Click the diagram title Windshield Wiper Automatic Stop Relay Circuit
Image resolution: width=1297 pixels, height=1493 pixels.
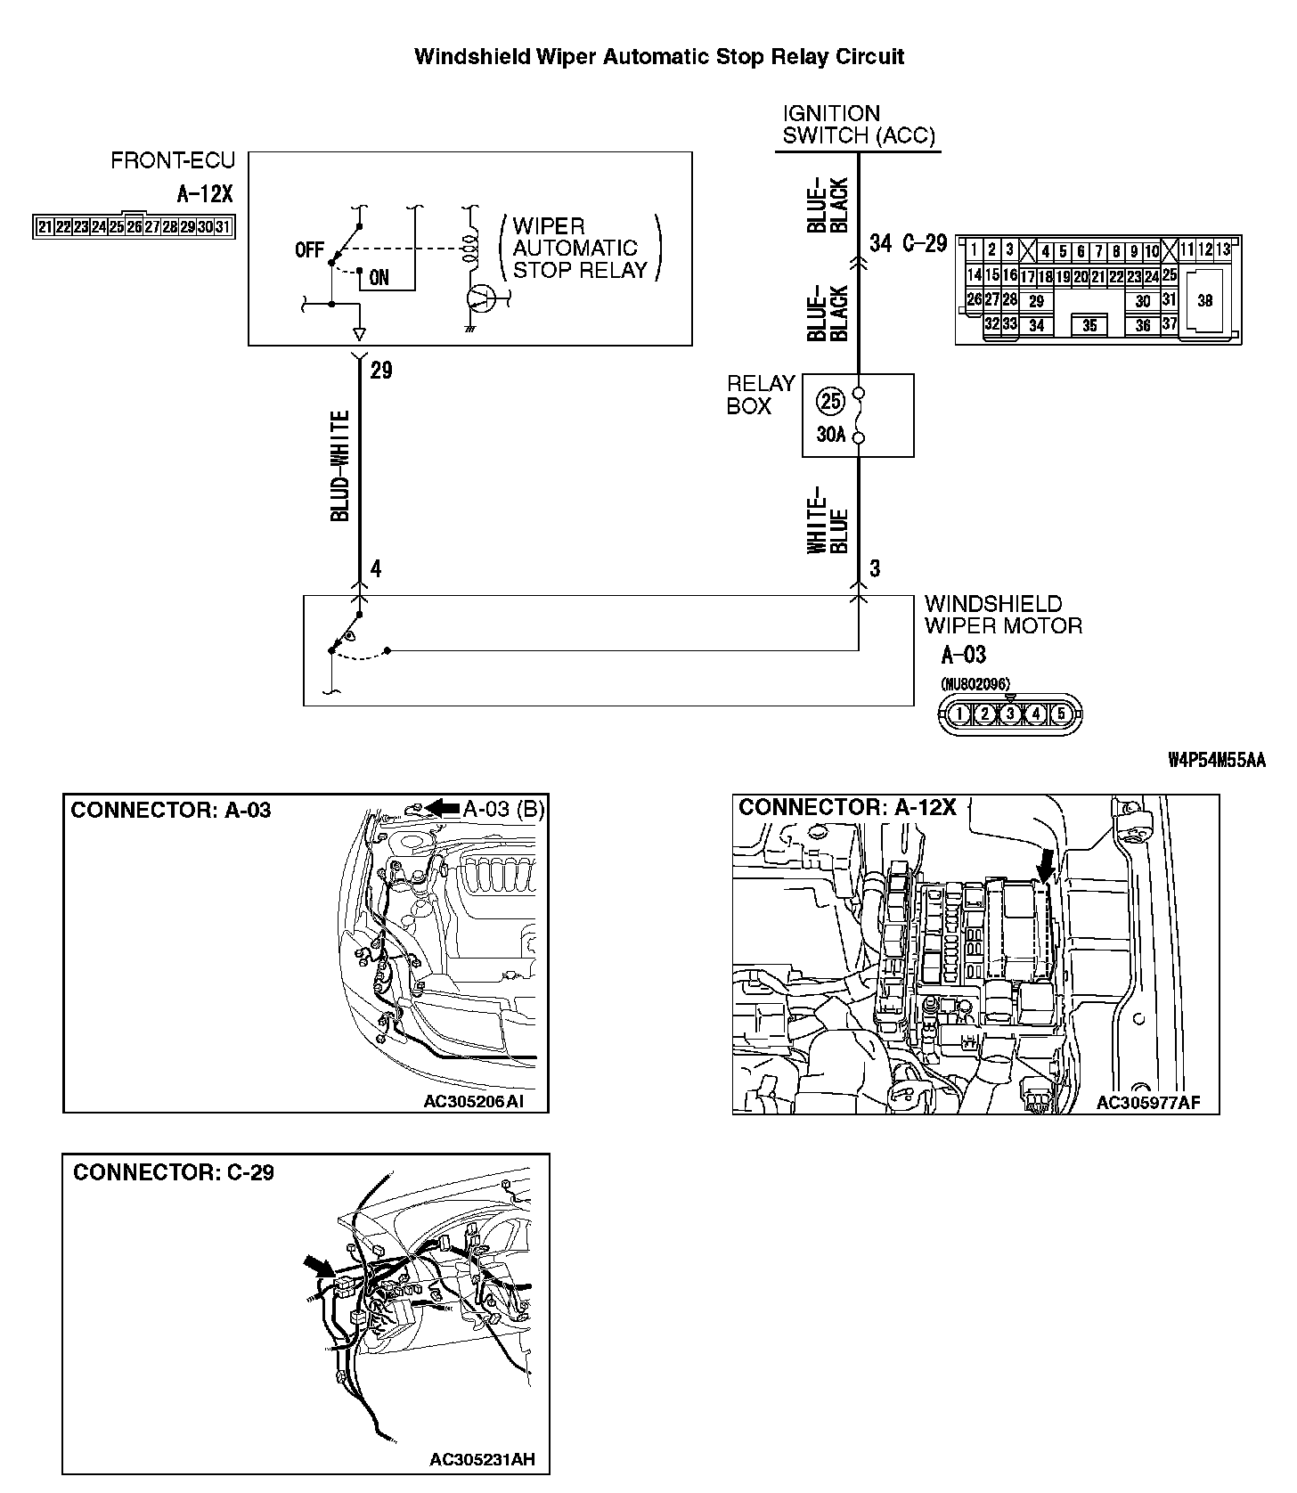[659, 58]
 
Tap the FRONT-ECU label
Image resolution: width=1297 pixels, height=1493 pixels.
[173, 161]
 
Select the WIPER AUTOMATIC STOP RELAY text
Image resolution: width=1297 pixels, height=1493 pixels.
[576, 249]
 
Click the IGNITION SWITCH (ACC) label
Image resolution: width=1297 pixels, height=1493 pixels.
[859, 125]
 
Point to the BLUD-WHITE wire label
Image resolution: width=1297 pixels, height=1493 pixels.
[340, 466]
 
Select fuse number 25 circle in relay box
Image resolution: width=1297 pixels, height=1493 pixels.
[830, 402]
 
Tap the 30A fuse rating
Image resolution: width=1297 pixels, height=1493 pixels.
[831, 436]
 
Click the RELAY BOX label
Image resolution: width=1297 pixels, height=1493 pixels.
[760, 395]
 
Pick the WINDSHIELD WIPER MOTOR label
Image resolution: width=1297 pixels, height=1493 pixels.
[1003, 615]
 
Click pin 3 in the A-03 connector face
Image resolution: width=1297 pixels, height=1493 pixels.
[1009, 714]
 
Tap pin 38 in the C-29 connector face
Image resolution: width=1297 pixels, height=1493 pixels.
[1204, 300]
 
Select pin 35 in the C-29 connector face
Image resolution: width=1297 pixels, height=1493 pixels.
[1090, 326]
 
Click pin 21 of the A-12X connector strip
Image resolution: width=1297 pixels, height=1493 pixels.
[45, 227]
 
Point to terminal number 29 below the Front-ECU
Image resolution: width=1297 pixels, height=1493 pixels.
[381, 370]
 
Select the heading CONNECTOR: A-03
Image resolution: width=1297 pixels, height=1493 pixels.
[170, 810]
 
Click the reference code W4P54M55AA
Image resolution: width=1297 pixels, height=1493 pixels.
[1216, 760]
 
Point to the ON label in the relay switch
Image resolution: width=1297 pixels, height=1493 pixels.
[379, 277]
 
